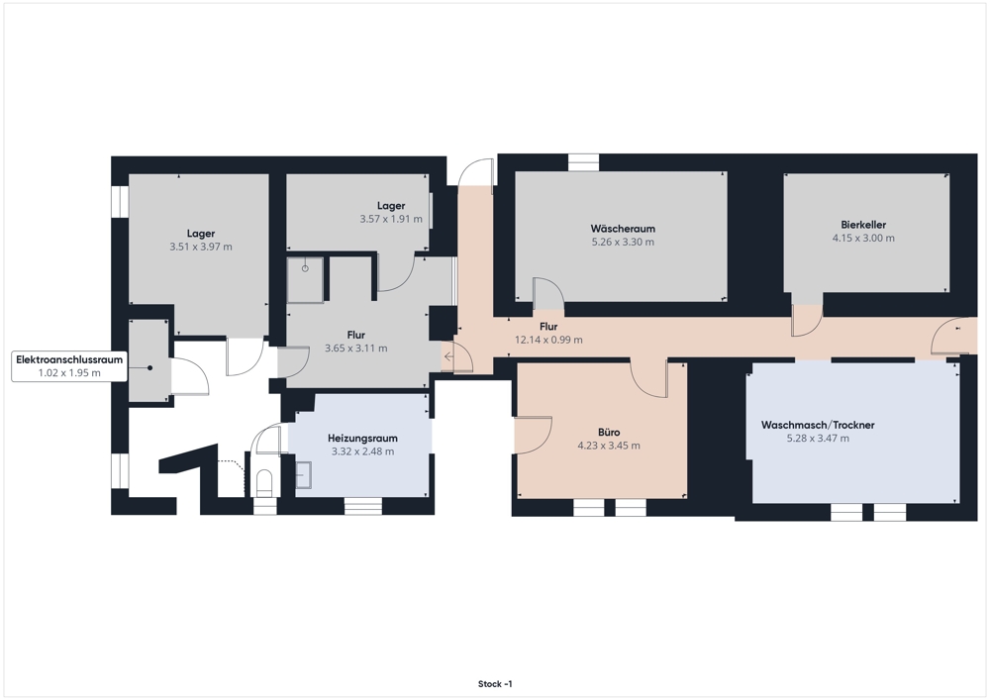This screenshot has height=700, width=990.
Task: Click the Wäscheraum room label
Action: pyautogui.click(x=623, y=229)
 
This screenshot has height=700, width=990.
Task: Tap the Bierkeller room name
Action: pyautogui.click(x=863, y=225)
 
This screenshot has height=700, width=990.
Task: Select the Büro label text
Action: pyautogui.click(x=609, y=433)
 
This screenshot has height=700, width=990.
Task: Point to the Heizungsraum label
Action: pyautogui.click(x=362, y=438)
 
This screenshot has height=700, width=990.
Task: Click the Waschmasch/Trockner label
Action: pyautogui.click(x=818, y=425)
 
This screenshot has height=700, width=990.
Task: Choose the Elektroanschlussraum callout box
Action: pyautogui.click(x=69, y=366)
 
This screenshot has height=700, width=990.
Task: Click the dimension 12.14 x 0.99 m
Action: pyautogui.click(x=548, y=340)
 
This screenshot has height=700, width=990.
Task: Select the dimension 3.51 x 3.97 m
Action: pyautogui.click(x=201, y=247)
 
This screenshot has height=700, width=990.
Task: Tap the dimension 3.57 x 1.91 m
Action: pyautogui.click(x=391, y=219)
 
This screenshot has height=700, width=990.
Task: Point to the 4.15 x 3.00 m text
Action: pyautogui.click(x=863, y=238)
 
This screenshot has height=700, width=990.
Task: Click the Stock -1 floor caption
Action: pyautogui.click(x=495, y=683)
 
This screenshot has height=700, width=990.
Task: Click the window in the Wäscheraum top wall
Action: pyautogui.click(x=583, y=162)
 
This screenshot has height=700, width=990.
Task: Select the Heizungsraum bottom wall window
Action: pyautogui.click(x=362, y=506)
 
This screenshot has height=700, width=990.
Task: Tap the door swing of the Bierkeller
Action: pyautogui.click(x=808, y=321)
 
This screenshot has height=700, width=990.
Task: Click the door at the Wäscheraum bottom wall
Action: pyautogui.click(x=548, y=293)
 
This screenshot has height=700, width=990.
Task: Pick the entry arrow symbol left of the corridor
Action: pyautogui.click(x=448, y=356)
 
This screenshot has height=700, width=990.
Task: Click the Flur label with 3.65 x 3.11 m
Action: pyautogui.click(x=355, y=335)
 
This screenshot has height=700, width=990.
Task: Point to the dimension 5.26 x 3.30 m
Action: pyautogui.click(x=623, y=242)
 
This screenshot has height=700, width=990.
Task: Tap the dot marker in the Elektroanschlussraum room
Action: pyautogui.click(x=149, y=368)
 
